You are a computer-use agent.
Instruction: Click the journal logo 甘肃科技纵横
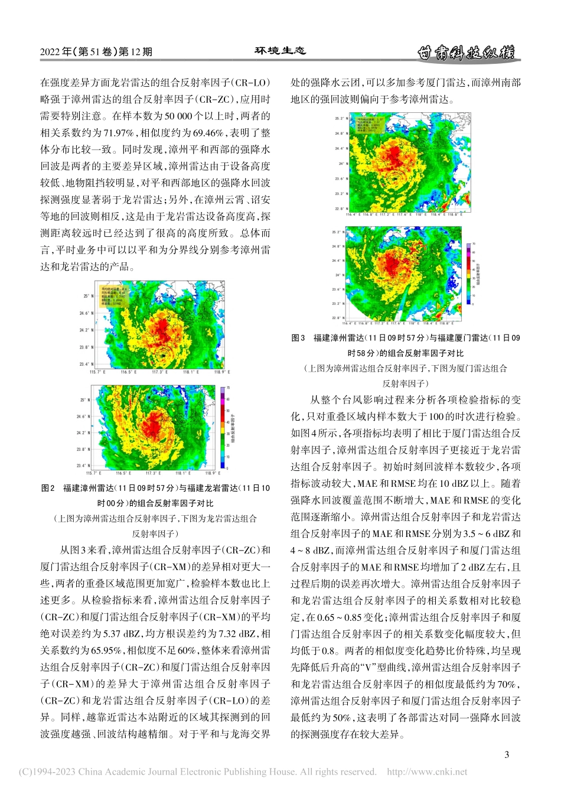466,53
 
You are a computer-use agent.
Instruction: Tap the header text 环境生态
280,51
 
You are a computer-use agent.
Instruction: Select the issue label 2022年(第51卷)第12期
96,52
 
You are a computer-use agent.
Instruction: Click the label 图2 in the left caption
48,488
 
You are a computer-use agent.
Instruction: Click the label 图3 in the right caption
298,338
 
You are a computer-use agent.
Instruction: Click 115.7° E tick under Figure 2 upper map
97,372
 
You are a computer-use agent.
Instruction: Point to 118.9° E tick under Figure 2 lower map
213,473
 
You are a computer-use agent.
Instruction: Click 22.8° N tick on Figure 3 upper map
340,209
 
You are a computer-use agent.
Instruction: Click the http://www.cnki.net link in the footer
426,772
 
